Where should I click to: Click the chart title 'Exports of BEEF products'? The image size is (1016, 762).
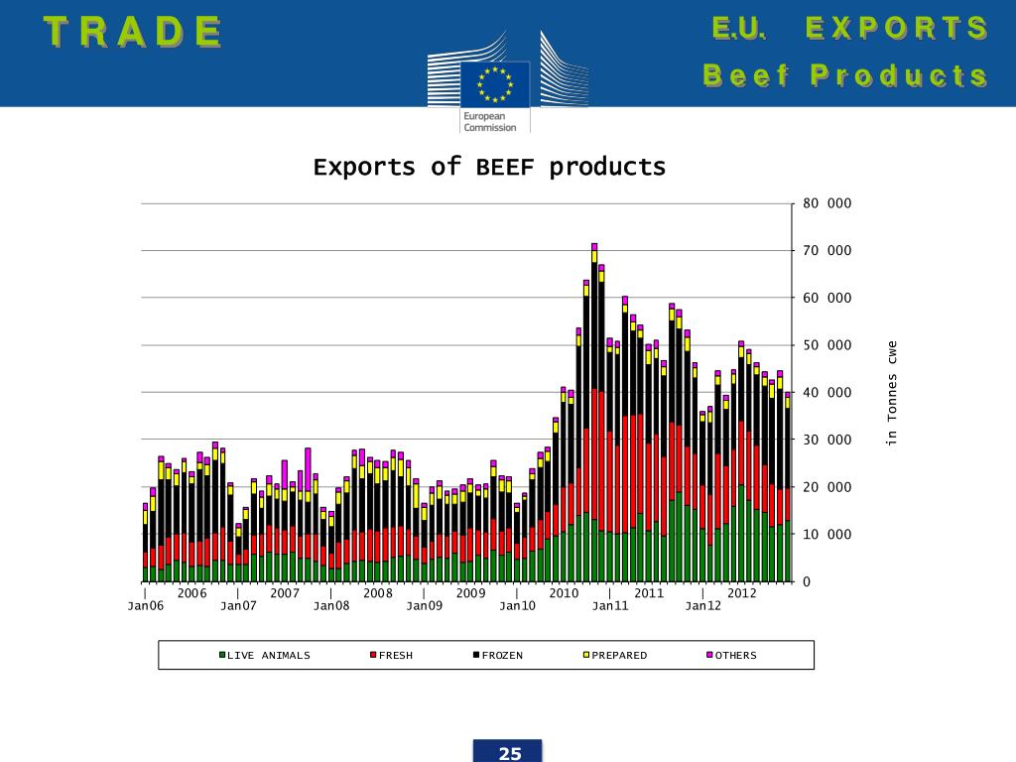[489, 167]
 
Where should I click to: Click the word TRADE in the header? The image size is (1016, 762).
[133, 32]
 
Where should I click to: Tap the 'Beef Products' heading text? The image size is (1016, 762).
[845, 75]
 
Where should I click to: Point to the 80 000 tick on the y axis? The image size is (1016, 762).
[826, 203]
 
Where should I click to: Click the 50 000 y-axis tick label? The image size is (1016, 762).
[826, 345]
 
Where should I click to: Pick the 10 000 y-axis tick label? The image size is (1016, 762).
[826, 535]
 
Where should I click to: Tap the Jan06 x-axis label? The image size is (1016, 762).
[145, 605]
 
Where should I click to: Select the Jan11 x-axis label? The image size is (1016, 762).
[610, 605]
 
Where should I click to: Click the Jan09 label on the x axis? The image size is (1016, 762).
[424, 605]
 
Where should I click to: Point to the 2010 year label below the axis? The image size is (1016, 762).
[564, 593]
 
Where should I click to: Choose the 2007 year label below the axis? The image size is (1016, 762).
[285, 593]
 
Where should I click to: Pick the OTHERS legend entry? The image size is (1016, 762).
[735, 655]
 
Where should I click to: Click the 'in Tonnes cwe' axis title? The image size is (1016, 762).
[893, 393]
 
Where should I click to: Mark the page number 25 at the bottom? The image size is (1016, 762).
[510, 753]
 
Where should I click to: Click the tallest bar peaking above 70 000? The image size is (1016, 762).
[594, 417]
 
